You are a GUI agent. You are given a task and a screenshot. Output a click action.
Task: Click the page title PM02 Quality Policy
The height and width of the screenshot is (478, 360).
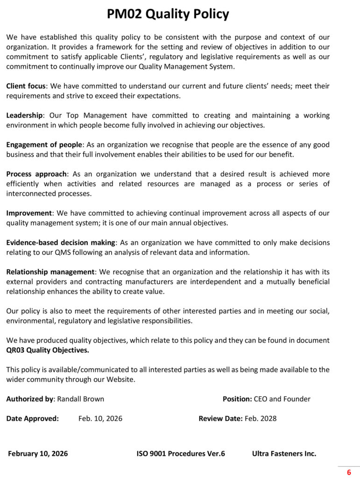(x=168, y=14)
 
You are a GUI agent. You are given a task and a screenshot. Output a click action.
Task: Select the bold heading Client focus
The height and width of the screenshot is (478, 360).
(x=26, y=86)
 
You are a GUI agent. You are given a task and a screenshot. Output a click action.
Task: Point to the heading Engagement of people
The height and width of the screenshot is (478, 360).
(x=44, y=145)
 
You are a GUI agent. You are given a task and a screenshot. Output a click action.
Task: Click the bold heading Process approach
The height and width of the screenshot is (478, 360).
(x=37, y=174)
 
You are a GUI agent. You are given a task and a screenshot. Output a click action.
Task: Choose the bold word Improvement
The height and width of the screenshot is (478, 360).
(x=29, y=213)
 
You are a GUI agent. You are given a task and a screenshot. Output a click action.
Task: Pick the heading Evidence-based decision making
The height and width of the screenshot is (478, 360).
(x=61, y=243)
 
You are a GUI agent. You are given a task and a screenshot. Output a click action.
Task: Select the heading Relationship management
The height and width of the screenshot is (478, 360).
(x=50, y=272)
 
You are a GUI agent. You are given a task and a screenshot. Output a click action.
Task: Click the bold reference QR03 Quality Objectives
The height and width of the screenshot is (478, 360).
(x=47, y=350)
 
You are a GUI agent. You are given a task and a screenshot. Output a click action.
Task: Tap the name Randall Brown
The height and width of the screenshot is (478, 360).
(x=80, y=399)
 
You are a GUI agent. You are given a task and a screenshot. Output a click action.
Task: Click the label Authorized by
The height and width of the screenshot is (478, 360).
(x=30, y=399)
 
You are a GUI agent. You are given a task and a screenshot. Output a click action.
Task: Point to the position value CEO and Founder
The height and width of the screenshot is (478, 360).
(x=282, y=399)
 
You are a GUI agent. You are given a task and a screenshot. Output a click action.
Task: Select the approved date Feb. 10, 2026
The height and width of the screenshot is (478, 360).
(x=100, y=419)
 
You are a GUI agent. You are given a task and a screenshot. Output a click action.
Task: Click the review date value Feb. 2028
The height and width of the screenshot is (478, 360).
(x=261, y=419)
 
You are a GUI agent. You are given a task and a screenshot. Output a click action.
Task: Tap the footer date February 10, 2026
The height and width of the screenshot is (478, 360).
(x=38, y=454)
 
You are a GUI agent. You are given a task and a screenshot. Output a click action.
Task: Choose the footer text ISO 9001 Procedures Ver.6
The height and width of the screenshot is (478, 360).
(x=181, y=454)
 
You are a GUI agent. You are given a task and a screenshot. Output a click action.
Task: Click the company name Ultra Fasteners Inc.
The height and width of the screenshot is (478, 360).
(x=284, y=454)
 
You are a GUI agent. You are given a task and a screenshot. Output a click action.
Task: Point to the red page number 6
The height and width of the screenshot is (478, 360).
(x=349, y=472)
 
